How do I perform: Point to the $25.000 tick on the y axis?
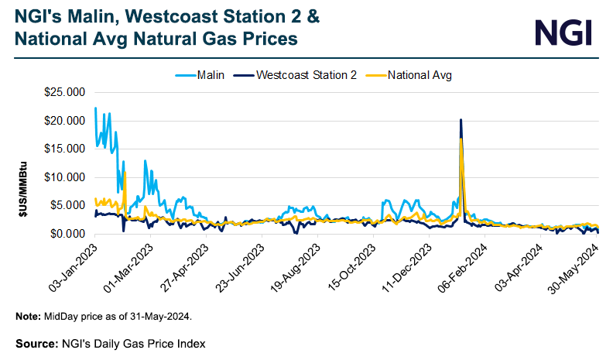[64, 92]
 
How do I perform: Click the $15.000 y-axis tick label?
[64, 149]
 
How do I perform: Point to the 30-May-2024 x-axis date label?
[576, 268]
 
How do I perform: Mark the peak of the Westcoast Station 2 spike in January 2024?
[461, 120]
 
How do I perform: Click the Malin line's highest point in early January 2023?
[95, 108]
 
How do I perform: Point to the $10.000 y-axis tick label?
[64, 177]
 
